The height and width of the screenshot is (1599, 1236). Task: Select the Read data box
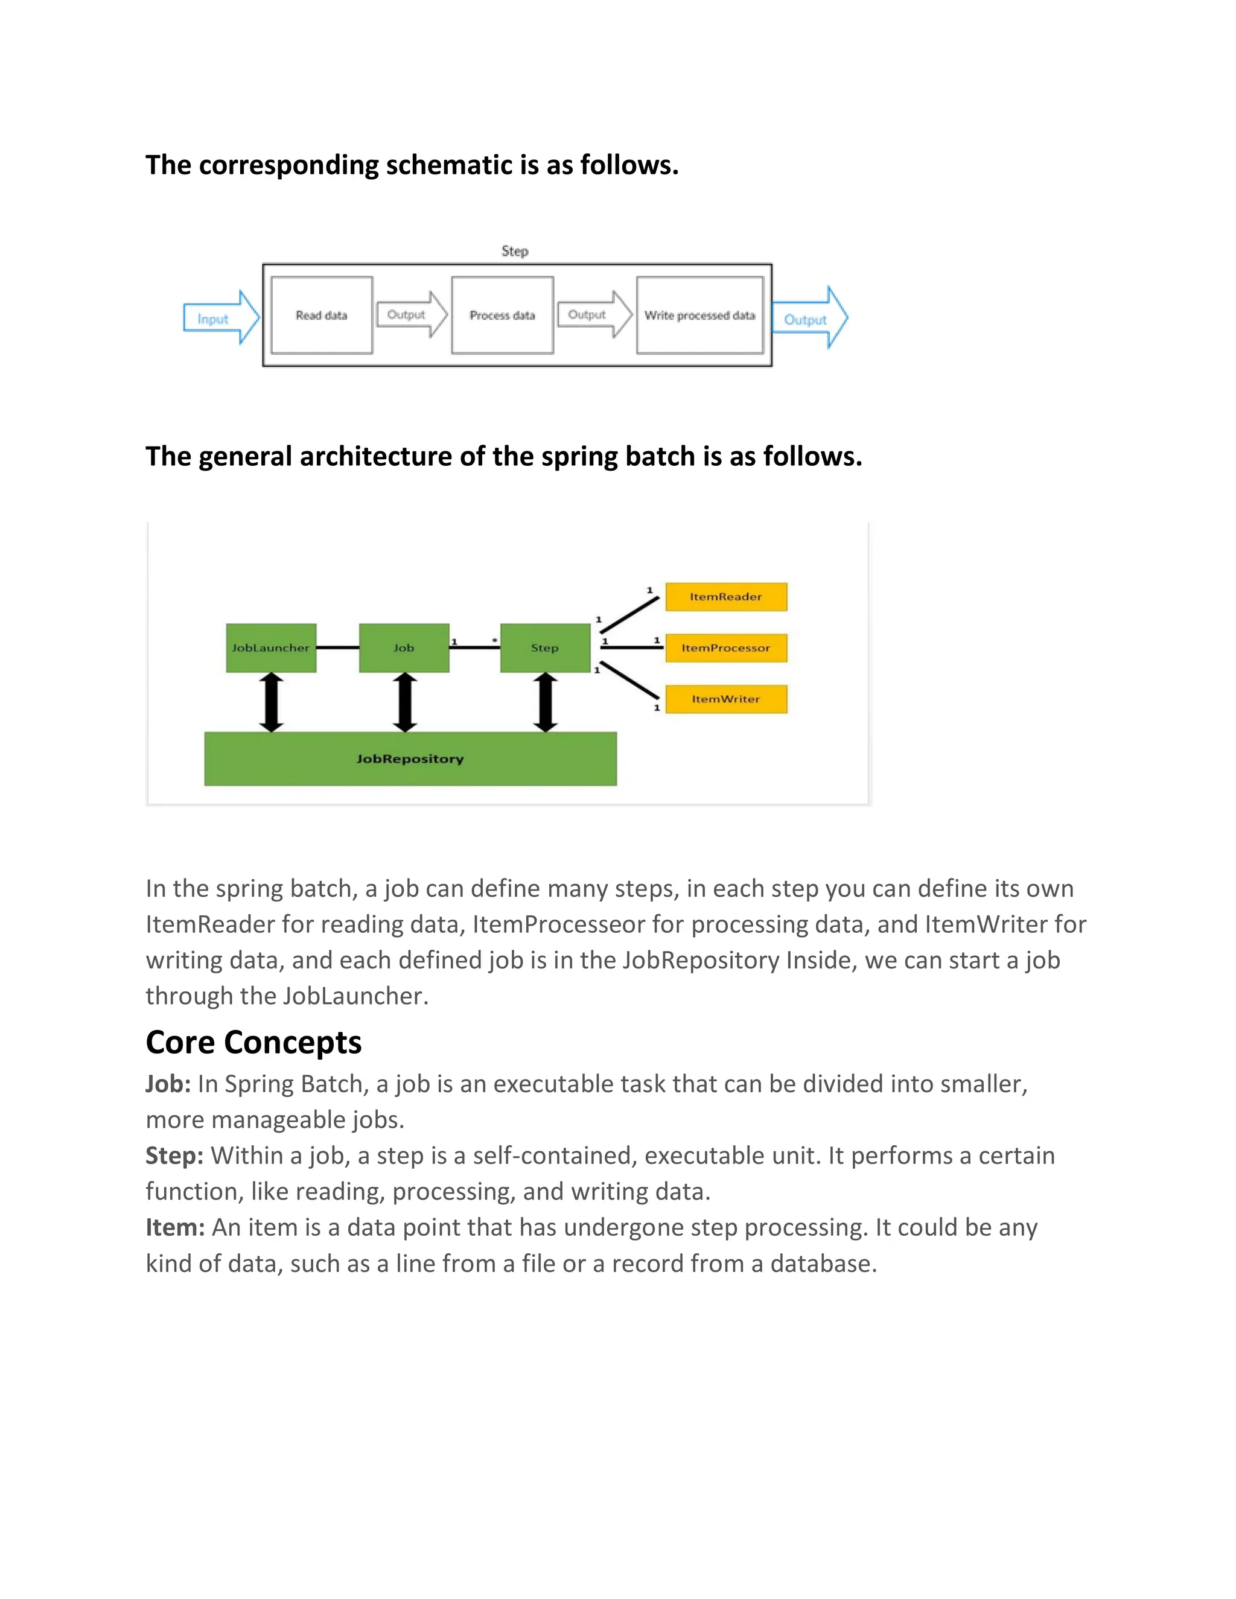pos(322,316)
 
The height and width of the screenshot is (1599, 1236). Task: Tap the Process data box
pos(502,316)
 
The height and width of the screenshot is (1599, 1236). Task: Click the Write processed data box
pos(699,316)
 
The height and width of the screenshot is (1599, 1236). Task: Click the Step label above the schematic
pos(515,251)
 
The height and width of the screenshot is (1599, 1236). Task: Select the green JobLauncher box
pos(271,648)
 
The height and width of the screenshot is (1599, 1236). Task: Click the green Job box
pos(404,648)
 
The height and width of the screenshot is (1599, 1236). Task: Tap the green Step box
pos(545,648)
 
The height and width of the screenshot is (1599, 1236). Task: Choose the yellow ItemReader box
pos(725,597)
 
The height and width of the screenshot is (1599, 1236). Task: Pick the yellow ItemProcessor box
pos(725,648)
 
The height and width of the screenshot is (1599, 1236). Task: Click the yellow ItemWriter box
pos(725,699)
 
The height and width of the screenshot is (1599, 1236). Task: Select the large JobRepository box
pos(410,758)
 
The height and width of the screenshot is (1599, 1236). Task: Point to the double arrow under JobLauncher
pos(272,702)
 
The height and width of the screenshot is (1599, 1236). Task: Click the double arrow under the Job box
pos(405,702)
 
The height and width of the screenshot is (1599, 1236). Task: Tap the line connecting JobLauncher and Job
pos(337,648)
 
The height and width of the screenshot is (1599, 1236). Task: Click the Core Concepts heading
pos(253,1042)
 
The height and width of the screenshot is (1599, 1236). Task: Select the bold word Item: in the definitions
pos(175,1227)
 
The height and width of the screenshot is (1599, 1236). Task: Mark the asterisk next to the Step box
pos(495,641)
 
